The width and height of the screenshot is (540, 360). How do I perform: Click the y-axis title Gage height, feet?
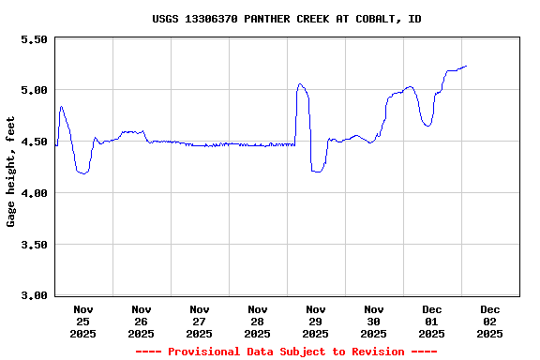(x=11, y=172)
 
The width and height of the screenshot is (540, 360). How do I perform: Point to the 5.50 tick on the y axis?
(x=33, y=39)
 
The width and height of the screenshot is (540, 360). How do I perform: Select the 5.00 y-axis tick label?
(x=33, y=91)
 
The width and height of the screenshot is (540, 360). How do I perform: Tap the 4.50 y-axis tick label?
(x=33, y=142)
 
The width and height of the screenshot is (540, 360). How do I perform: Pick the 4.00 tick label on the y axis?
(x=33, y=193)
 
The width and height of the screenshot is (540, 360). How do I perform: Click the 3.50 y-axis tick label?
(x=33, y=245)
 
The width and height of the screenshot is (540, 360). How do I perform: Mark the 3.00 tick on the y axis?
(x=33, y=295)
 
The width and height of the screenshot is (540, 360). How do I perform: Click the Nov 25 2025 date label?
(x=83, y=321)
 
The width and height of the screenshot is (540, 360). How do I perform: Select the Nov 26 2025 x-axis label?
(x=142, y=321)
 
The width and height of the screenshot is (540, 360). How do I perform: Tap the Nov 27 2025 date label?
(x=200, y=321)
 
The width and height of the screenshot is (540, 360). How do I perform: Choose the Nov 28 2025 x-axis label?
(x=258, y=321)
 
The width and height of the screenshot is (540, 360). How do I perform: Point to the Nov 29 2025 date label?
(x=316, y=321)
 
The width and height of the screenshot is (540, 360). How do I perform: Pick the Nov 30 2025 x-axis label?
(x=374, y=321)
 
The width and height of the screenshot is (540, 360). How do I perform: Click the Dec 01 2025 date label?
(x=432, y=321)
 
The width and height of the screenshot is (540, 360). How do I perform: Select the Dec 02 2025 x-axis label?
(x=490, y=321)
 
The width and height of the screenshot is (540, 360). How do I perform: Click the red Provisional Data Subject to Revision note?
(x=286, y=352)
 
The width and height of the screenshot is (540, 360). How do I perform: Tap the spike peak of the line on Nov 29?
(x=300, y=84)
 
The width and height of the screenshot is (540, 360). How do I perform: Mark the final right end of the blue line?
(x=466, y=66)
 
